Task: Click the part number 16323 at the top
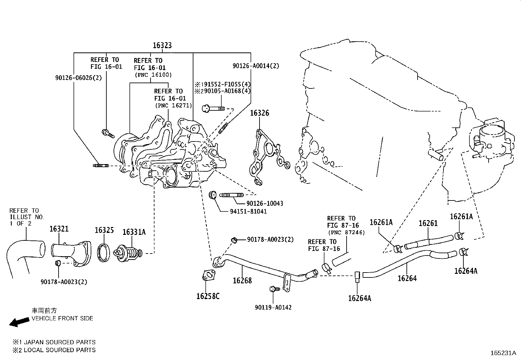pos(162,46)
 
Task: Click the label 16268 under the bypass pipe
pos(242,280)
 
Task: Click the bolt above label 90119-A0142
pos(273,289)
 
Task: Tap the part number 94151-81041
pos(248,212)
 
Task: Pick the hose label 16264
pos(407,278)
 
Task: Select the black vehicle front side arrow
pos(19,322)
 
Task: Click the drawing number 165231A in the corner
pos(503,353)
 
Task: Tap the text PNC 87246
pos(346,233)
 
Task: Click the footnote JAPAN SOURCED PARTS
pos(58,342)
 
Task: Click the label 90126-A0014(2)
pos(256,66)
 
